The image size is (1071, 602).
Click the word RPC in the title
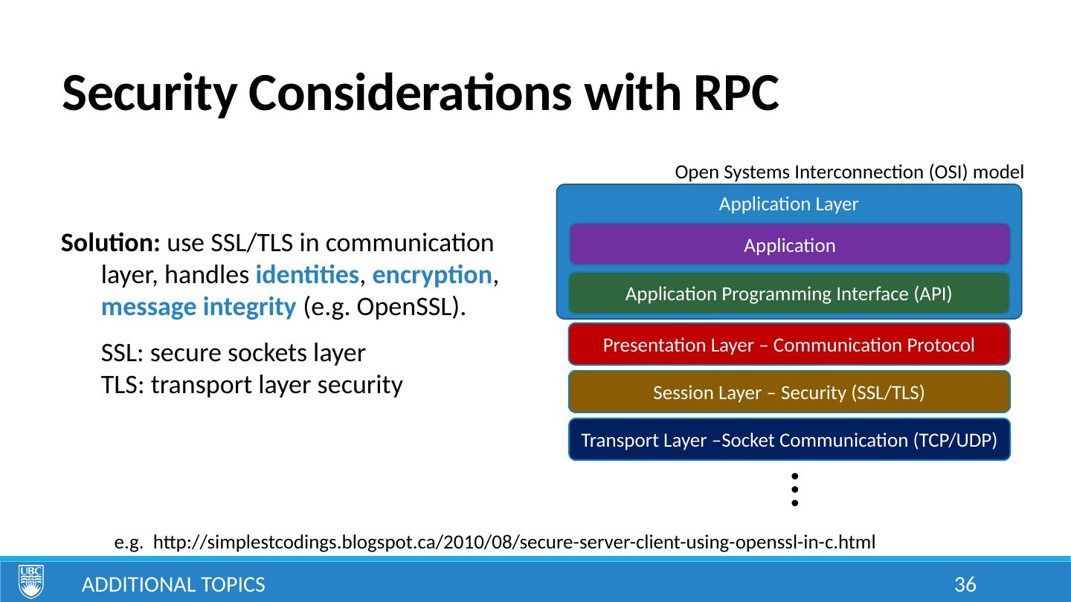pyautogui.click(x=736, y=94)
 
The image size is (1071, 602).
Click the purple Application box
pyautogui.click(x=789, y=245)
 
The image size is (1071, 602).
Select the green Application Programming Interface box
pyautogui.click(x=789, y=294)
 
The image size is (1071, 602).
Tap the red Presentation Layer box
pyautogui.click(x=789, y=345)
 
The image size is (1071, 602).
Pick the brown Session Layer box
pyautogui.click(x=789, y=392)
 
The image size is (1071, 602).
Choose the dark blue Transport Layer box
pyautogui.click(x=789, y=440)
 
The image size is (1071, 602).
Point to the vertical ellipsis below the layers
pyautogui.click(x=794, y=489)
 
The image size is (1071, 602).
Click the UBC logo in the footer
pyautogui.click(x=31, y=581)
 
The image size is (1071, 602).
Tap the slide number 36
pyautogui.click(x=965, y=585)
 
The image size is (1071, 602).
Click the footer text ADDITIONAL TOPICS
pyautogui.click(x=173, y=585)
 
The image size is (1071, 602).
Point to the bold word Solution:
pyautogui.click(x=112, y=244)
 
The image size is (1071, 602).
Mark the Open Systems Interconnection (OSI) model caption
pyautogui.click(x=849, y=172)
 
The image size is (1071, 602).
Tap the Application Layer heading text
pyautogui.click(x=788, y=204)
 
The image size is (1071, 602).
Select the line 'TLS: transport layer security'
pyautogui.click(x=251, y=385)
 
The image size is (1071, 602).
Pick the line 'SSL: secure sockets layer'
pyautogui.click(x=233, y=354)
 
